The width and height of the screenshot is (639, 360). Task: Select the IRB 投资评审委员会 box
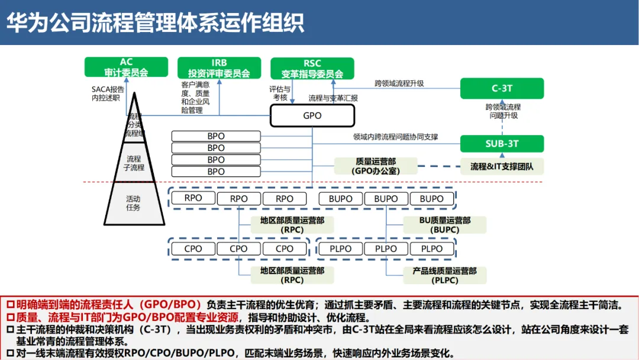219,67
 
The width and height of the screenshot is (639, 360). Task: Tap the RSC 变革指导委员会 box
312,68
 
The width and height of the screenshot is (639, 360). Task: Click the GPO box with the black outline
312,115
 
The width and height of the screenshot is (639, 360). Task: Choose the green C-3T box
502,88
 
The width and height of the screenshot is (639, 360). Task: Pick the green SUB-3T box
502,143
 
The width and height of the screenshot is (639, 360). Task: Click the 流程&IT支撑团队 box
502,166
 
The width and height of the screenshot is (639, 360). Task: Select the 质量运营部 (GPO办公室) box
376,166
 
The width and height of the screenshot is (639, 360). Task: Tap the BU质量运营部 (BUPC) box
445,224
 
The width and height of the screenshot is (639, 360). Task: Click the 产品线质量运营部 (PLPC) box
445,275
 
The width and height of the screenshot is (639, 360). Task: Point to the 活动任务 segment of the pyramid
133,203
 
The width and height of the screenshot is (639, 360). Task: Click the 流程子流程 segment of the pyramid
134,163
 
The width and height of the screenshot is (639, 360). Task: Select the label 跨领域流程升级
399,83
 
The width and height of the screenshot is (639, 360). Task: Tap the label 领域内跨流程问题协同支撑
395,137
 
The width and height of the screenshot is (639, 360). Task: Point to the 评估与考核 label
280,93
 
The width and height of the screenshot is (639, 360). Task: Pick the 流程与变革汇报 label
333,98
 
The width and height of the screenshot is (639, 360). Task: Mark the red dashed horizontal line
355,182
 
